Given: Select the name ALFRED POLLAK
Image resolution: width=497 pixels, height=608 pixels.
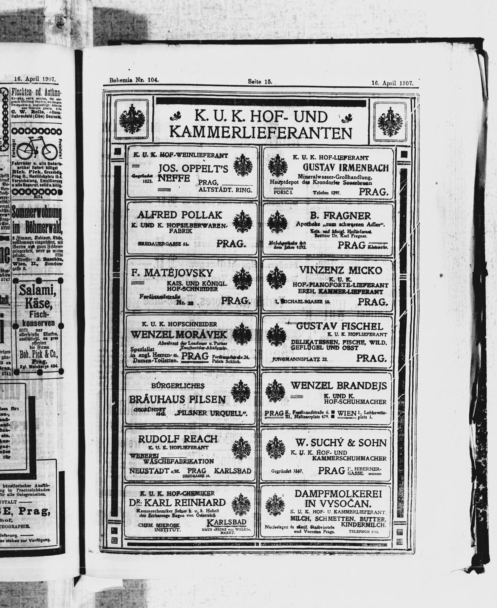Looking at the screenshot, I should coord(179,215).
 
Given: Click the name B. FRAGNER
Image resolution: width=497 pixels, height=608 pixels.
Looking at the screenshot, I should coord(340,215).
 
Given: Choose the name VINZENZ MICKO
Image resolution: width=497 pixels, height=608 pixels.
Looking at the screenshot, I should coord(341,270).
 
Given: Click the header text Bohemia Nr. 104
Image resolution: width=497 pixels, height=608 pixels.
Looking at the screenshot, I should coord(134,80).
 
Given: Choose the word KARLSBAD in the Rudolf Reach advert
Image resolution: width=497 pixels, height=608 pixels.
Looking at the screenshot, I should coord(232,471).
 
